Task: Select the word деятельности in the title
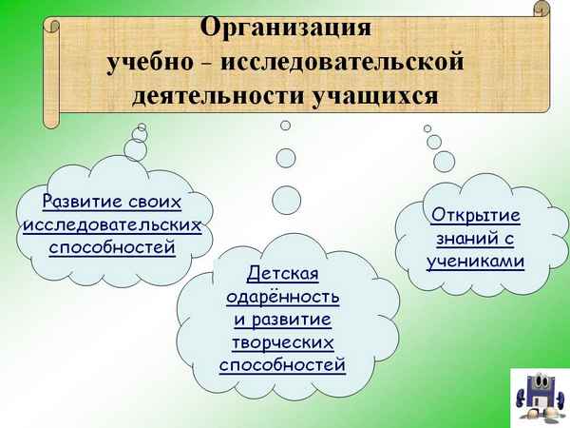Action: pos(209,96)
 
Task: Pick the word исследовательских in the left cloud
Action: pos(112,225)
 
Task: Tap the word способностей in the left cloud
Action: pos(112,248)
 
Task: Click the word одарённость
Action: pos(282,297)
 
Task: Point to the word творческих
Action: pos(282,341)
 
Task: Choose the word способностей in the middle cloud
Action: pos(282,364)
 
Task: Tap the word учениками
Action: pos(475,260)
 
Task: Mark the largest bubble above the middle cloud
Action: pos(286,200)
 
